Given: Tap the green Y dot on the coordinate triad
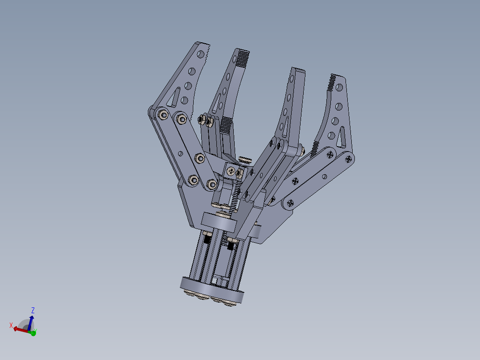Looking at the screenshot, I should click(x=33, y=332).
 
